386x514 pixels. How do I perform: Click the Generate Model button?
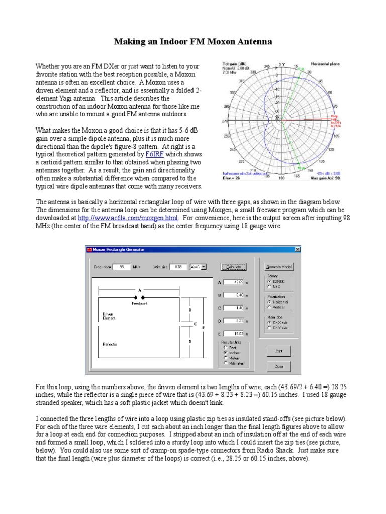[279, 266]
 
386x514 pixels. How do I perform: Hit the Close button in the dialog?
[279, 366]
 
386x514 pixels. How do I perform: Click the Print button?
[279, 352]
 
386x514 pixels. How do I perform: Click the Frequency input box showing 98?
[121, 267]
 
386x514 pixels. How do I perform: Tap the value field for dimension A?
[234, 282]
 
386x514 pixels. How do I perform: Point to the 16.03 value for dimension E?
[234, 333]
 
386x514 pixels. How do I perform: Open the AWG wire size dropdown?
[198, 267]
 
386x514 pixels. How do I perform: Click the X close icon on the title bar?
[297, 249]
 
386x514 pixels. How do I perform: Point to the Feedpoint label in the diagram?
[139, 303]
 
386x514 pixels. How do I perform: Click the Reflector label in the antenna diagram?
[110, 344]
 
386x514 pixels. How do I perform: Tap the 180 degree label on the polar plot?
[281, 178]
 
